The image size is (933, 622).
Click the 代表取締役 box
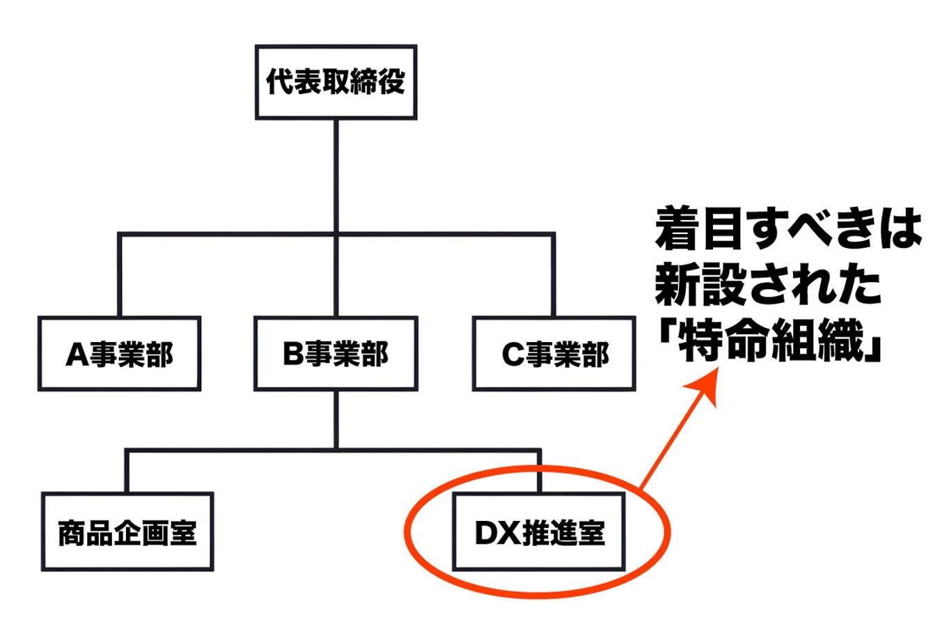pos(336,82)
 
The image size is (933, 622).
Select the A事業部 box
pos(120,354)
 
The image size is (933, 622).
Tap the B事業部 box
pos(336,354)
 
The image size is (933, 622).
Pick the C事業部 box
pos(554,354)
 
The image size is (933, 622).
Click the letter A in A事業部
pos(75,355)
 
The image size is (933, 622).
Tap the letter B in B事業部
pos(291,355)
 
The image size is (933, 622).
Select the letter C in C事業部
pos(510,355)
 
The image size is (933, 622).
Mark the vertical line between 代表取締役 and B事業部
pos(336,174)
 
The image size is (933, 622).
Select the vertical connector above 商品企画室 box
pos(127,472)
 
